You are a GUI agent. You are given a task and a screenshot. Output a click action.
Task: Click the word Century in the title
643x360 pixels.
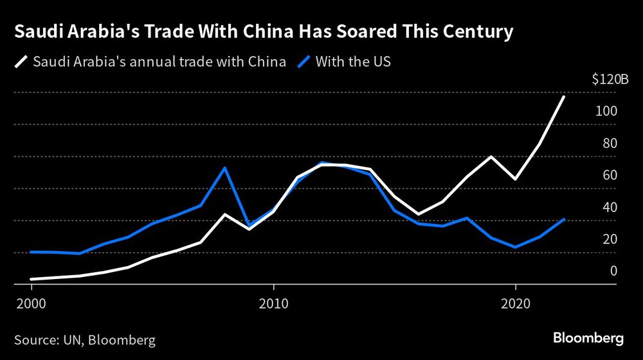tap(476, 32)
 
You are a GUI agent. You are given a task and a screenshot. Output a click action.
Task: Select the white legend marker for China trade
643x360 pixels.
tap(21, 62)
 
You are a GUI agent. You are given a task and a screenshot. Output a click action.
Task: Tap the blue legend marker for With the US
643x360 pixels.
tap(305, 62)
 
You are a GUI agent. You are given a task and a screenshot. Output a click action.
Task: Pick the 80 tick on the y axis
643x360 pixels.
tap(610, 143)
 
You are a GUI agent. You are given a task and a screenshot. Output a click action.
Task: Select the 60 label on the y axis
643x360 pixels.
tap(610, 175)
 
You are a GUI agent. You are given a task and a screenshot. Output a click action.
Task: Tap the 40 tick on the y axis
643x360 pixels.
tap(610, 207)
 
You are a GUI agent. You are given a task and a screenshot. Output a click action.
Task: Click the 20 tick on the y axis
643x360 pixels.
tap(610, 239)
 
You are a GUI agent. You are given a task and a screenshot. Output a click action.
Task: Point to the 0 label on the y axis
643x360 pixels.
tap(613, 271)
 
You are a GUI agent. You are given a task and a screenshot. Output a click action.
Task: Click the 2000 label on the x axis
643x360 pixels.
tap(32, 302)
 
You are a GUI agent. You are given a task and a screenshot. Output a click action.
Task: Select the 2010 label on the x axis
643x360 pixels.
tap(273, 302)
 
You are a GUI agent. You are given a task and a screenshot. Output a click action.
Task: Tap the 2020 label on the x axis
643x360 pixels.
tap(515, 302)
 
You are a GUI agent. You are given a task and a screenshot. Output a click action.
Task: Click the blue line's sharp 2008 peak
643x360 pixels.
tap(224, 168)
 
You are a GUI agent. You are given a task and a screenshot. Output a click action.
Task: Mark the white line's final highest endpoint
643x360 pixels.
tap(564, 96)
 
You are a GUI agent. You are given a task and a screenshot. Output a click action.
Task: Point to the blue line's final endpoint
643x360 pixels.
tap(564, 219)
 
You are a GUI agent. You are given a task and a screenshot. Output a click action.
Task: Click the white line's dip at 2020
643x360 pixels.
tap(515, 179)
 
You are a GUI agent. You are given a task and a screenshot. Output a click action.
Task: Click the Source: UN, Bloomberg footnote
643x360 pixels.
tap(84, 338)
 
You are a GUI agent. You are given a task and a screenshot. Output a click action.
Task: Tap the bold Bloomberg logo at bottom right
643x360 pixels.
tap(589, 337)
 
